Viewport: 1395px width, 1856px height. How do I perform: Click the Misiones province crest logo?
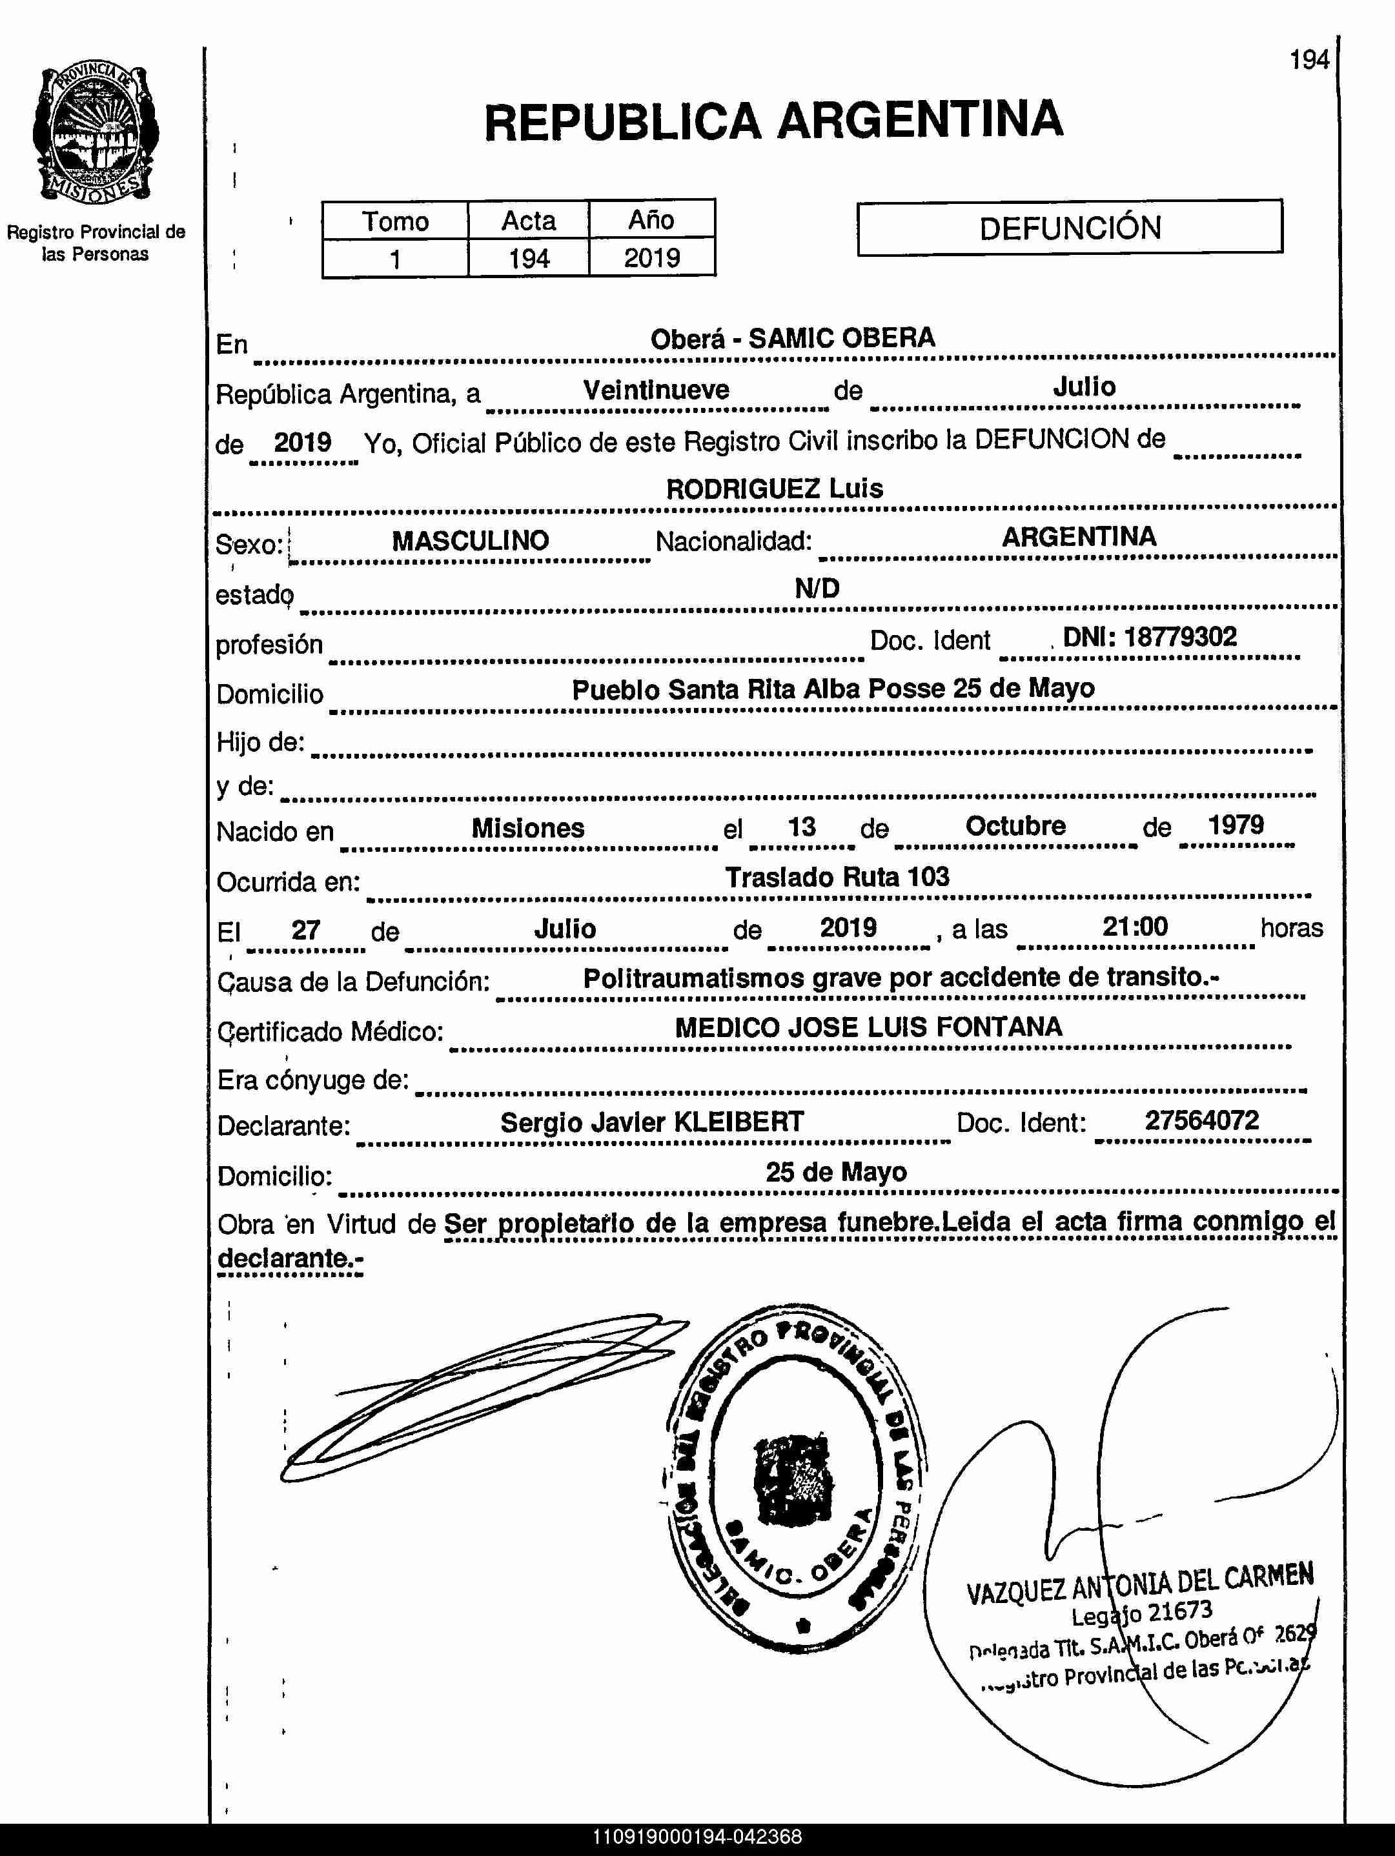point(95,132)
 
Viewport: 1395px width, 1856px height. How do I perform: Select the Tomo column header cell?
point(394,221)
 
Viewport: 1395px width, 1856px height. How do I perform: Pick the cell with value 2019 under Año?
point(651,257)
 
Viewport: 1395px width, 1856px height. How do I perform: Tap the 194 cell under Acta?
point(529,258)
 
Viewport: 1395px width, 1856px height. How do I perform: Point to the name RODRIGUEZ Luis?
point(774,489)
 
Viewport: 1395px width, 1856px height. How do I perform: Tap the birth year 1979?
point(1235,825)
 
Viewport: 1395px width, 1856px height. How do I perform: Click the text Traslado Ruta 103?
point(837,878)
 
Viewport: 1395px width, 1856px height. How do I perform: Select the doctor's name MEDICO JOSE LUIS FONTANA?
point(869,1027)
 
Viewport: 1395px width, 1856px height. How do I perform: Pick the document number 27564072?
point(1201,1120)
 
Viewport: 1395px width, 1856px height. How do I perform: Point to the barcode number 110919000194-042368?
point(697,1837)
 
